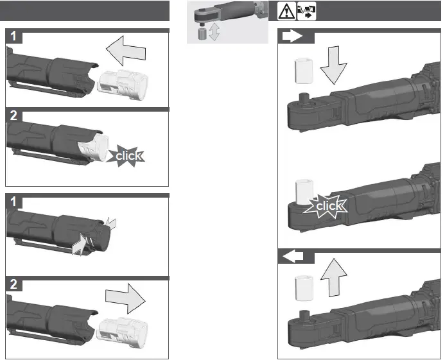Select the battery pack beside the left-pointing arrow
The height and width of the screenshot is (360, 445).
pos(123,85)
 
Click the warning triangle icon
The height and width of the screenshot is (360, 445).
pos(286,11)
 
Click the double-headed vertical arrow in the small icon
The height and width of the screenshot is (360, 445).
pos(214,33)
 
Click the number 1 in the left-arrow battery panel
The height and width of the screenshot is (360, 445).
pos(13,37)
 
